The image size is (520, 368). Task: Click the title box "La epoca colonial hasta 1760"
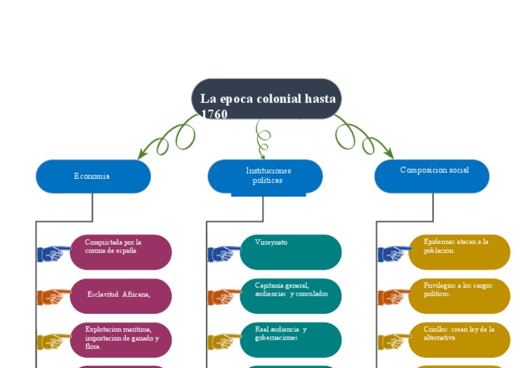coord(266,99)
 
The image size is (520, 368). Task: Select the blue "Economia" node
coord(93,176)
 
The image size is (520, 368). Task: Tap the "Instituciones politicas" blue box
coord(265,176)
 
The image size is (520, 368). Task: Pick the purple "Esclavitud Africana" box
coord(121,295)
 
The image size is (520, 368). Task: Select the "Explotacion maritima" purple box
coord(121,340)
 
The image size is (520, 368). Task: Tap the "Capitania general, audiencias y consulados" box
coord(290,295)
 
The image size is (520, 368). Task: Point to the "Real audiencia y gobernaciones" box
coord(290,340)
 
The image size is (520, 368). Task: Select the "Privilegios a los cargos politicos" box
coord(459,295)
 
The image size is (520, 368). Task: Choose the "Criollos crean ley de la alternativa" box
coord(459,340)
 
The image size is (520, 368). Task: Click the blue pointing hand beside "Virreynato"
coord(223,253)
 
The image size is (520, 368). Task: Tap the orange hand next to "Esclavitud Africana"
coord(53,297)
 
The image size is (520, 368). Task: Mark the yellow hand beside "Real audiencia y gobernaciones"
coord(223,341)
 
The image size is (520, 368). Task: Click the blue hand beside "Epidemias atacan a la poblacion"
coord(393,253)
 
